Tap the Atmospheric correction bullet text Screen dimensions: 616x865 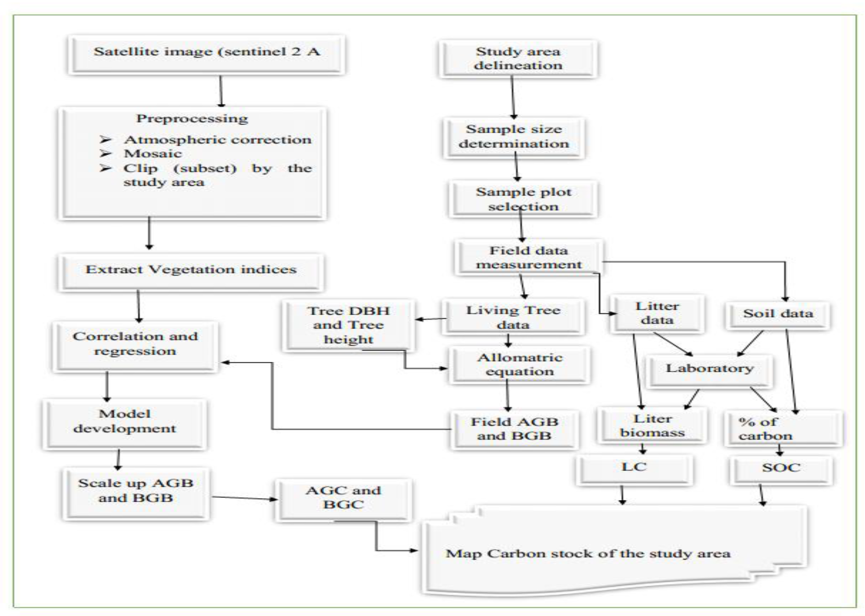click(217, 140)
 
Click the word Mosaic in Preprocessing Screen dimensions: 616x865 click(153, 154)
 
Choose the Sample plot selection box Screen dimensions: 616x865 click(523, 199)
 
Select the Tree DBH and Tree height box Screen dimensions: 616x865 click(348, 325)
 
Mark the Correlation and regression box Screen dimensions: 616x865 click(135, 344)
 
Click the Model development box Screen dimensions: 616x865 click(125, 421)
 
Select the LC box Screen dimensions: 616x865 click(634, 468)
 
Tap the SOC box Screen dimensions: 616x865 click(781, 468)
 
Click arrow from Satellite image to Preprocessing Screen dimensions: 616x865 click(221, 91)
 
